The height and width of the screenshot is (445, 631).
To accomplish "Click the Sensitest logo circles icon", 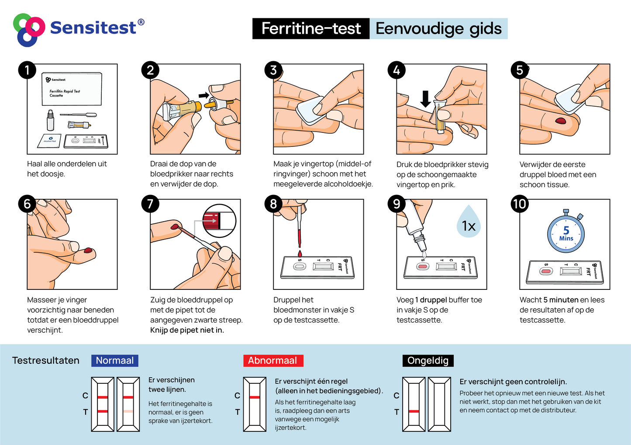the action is [29, 30].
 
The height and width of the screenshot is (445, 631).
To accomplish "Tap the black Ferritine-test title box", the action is [311, 28].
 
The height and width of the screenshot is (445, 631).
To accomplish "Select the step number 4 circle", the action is [397, 70].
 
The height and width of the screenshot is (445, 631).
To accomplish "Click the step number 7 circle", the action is [150, 204].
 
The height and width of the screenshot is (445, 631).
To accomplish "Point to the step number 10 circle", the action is [520, 204].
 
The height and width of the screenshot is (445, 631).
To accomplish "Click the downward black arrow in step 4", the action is [425, 99].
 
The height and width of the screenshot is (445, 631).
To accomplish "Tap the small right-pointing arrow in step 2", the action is [203, 95].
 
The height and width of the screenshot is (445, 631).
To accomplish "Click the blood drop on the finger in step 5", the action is [560, 121].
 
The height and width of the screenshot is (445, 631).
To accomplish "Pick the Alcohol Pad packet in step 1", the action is [49, 140].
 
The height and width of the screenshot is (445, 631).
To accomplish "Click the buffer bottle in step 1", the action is [50, 120].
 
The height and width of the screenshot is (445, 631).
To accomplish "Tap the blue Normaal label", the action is [115, 360].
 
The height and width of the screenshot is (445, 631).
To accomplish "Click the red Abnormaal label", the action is [273, 360].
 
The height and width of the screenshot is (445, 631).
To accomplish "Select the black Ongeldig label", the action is [428, 360].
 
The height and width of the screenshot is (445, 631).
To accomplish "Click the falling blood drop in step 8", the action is [300, 254].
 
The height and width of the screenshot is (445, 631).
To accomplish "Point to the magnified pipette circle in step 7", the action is [219, 221].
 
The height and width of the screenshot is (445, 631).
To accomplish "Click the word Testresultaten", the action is [46, 360].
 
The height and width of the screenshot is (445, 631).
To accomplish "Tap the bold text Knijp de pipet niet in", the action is [187, 330].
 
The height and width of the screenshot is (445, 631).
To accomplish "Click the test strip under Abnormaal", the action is [255, 404].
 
